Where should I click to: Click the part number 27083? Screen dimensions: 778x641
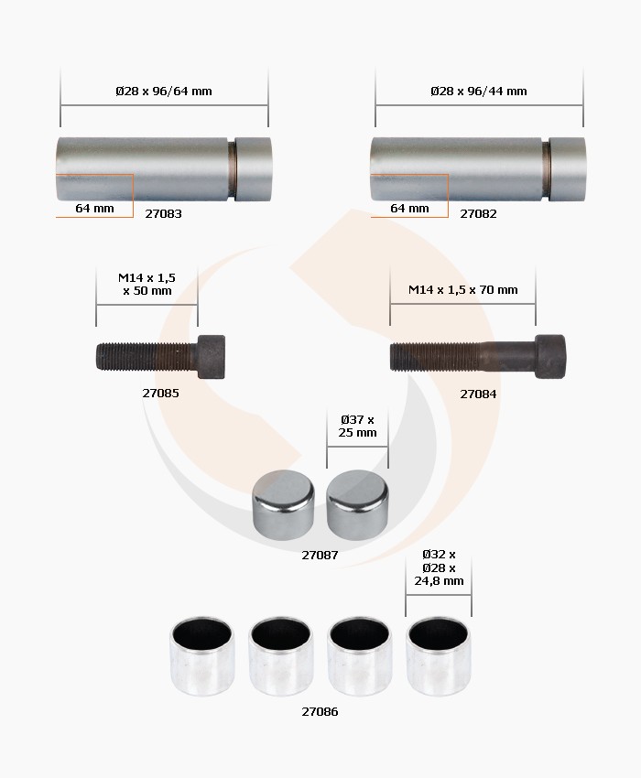coord(163,213)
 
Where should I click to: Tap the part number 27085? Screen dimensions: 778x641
coord(160,393)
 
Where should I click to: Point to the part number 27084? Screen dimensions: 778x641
coord(478,394)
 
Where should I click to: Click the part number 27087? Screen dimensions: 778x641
coord(320,555)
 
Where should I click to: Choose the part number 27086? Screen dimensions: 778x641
coord(320,711)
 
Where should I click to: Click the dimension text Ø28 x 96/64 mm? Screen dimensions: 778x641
coord(164,91)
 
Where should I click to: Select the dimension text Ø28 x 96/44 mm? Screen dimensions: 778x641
coord(479,91)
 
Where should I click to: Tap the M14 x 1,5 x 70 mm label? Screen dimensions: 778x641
coord(462,289)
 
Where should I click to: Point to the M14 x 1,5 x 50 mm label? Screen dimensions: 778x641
coord(147,284)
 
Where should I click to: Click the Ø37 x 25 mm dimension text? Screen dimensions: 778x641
coord(357,426)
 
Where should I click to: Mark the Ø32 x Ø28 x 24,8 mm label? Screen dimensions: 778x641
coord(439,567)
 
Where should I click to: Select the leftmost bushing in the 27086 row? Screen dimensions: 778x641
coord(201,654)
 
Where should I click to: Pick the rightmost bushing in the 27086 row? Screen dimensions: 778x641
coord(438,654)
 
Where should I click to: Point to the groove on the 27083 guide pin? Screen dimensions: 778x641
coord(233,169)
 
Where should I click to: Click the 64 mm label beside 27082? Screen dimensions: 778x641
coord(409,208)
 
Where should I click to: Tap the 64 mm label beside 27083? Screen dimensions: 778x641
coord(94,208)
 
